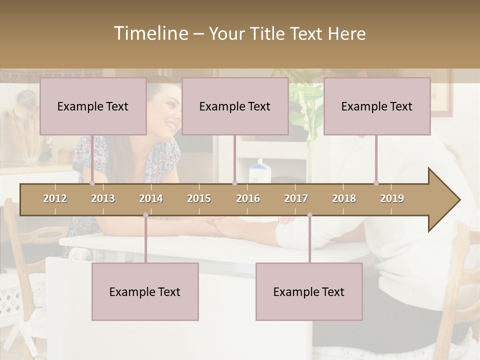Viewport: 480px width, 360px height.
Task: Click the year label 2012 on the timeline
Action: [x=55, y=198]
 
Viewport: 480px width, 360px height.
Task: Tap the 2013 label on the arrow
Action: [x=103, y=198]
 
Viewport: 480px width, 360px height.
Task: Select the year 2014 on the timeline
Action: [x=151, y=198]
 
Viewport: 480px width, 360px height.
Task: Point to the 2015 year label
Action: [x=199, y=198]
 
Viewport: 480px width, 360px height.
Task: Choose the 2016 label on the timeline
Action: [x=248, y=198]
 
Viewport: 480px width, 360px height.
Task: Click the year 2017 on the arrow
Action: [x=296, y=198]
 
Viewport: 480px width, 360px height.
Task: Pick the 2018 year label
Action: [x=344, y=198]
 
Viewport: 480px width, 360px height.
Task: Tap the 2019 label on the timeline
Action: [x=392, y=198]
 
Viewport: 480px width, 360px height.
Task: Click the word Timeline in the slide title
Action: [x=150, y=33]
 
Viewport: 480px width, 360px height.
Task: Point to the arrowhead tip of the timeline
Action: [x=459, y=200]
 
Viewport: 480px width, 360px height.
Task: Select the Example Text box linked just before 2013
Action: [x=93, y=106]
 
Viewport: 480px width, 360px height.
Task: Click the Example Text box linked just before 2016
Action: [x=235, y=106]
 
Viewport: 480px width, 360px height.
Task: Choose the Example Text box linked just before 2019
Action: [x=377, y=106]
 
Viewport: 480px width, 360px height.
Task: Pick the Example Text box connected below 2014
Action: [x=145, y=291]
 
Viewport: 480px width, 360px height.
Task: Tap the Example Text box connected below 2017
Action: [x=309, y=291]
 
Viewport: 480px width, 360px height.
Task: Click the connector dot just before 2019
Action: [x=376, y=183]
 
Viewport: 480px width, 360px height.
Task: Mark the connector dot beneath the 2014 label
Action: [x=145, y=215]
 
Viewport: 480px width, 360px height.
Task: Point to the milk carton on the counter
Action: [x=259, y=171]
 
